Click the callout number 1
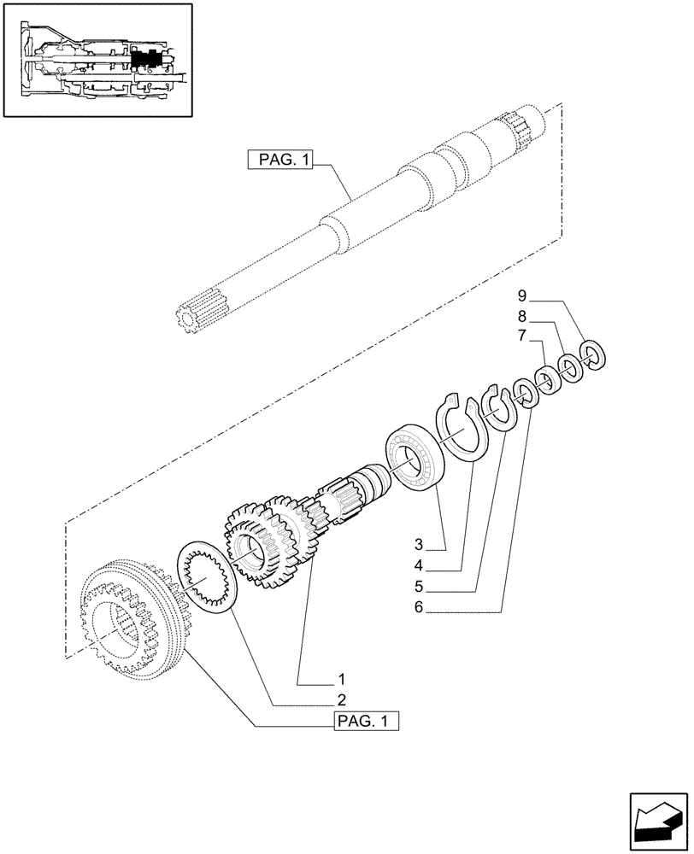pos(341,680)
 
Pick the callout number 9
pos(522,296)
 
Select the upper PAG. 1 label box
pos(279,160)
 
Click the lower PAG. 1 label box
pos(366,722)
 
